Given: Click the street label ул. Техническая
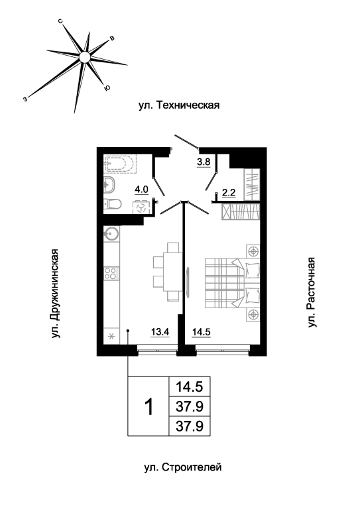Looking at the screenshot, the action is [179, 105].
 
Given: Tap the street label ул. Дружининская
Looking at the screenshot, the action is [56, 294].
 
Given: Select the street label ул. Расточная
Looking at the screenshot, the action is [311, 292].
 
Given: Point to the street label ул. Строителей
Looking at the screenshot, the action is [183, 467].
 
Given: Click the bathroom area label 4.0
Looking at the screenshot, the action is [141, 190].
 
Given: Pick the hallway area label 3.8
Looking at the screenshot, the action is [204, 161].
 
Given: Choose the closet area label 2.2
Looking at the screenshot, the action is [229, 193].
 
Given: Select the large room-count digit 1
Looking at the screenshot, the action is [149, 407].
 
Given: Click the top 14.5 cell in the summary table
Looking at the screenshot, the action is [189, 386].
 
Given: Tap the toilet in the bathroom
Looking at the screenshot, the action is [112, 204].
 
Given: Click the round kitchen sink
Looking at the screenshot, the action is [111, 233].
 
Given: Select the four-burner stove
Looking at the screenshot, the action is [111, 273].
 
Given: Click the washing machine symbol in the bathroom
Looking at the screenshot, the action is [141, 207].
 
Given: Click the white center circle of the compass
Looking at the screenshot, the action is [84, 57].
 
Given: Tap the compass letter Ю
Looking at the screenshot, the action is [107, 87].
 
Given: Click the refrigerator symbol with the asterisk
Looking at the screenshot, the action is [111, 336].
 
